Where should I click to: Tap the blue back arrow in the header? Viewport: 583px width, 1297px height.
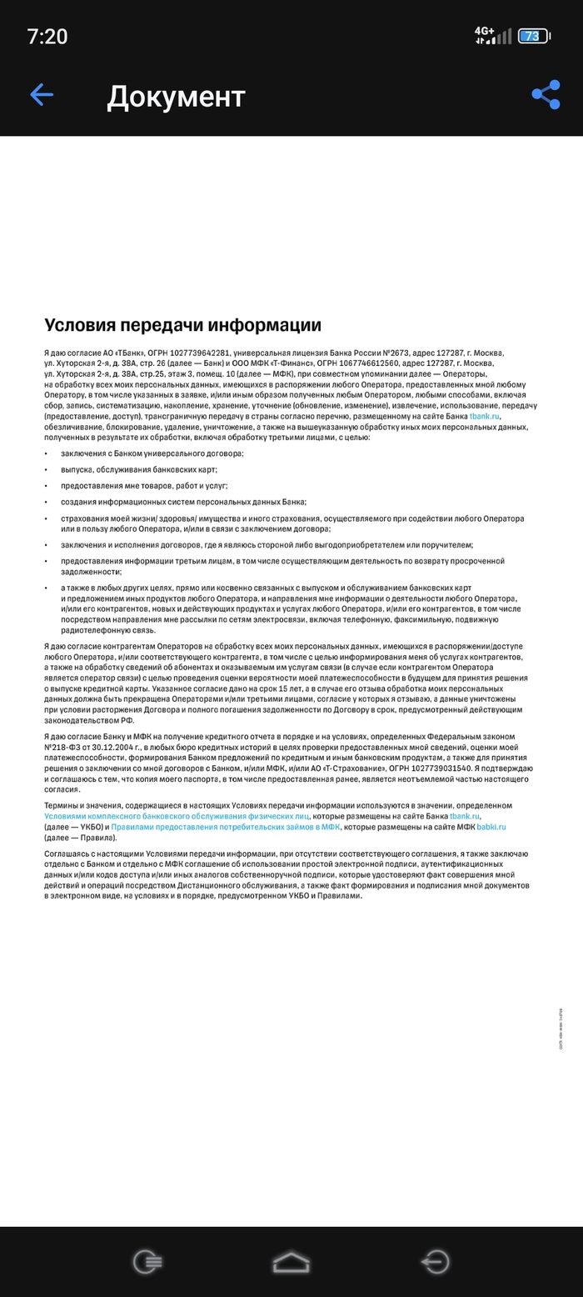click(42, 95)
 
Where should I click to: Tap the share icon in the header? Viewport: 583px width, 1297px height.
click(546, 95)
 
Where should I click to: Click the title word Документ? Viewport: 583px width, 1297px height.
click(176, 97)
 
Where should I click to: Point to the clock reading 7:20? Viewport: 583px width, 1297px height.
click(47, 36)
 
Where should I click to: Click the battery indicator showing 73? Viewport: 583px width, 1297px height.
click(532, 36)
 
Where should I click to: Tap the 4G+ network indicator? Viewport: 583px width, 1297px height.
click(484, 32)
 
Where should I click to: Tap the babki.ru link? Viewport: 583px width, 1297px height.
click(491, 827)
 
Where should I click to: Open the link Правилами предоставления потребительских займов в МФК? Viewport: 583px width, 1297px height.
click(225, 827)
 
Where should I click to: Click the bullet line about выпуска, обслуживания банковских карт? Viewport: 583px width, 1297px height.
click(139, 469)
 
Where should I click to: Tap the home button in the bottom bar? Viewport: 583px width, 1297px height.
click(291, 1262)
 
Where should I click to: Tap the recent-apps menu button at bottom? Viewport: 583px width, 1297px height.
click(147, 1262)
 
